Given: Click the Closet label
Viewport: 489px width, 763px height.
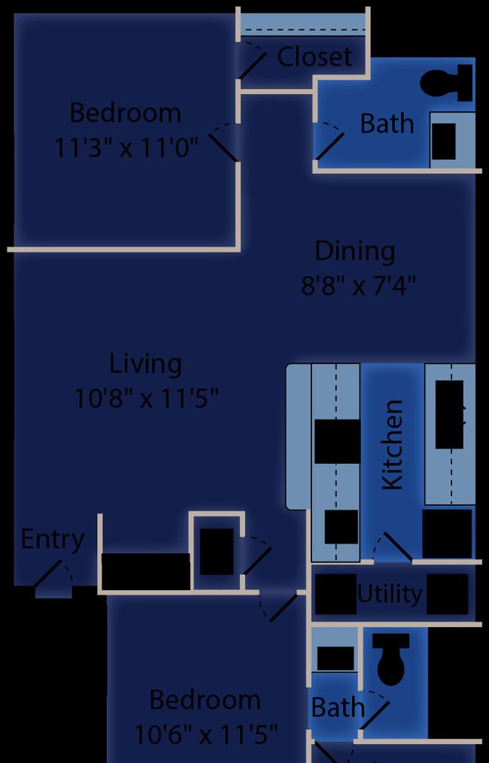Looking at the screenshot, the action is [314, 57].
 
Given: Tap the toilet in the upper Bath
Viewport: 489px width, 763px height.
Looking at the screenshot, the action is [446, 83].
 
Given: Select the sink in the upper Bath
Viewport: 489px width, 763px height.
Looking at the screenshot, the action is [444, 141].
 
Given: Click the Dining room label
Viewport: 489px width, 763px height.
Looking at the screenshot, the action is [354, 252].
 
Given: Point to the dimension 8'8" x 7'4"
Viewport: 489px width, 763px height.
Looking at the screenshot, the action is [358, 286].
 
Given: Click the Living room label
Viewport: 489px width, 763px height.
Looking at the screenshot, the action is [145, 365].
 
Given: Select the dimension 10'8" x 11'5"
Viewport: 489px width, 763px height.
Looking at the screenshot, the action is [146, 399].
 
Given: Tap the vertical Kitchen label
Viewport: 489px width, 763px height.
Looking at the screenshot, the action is [392, 445].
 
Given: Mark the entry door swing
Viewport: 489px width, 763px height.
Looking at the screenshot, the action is [53, 577].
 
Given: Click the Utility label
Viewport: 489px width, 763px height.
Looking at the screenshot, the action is [390, 594].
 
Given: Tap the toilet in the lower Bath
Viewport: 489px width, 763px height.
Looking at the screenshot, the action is [391, 659].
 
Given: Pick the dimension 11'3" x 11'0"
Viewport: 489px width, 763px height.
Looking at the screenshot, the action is [126, 147].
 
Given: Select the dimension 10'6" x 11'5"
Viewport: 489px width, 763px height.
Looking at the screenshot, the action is [205, 734].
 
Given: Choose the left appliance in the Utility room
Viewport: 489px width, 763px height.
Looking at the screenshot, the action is [336, 594].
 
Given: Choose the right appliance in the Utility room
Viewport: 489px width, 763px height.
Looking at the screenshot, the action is [447, 594].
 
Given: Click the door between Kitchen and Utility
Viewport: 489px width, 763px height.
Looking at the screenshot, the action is [393, 547].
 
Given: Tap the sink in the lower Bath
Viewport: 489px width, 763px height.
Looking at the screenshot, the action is [336, 659].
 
